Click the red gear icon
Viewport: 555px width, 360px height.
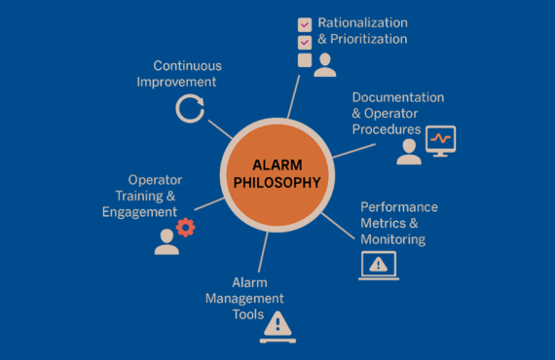point(185,228)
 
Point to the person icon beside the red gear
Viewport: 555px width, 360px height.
point(166,240)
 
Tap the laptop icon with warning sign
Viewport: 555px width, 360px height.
point(379,266)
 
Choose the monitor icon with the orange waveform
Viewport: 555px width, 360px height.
point(441,141)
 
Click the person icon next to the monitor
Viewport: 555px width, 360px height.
point(409,151)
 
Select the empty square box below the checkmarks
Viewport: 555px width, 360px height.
point(305,60)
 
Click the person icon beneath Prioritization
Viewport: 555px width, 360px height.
point(325,64)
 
